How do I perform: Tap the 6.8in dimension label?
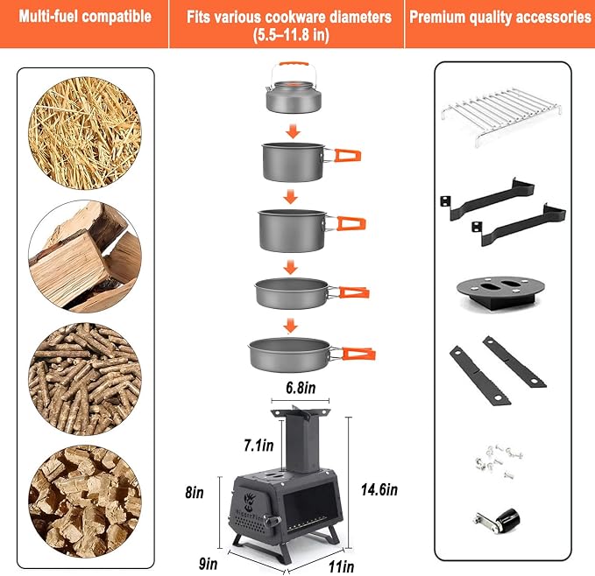tap(301, 388)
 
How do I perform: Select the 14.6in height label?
tap(379, 489)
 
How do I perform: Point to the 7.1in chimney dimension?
tap(259, 446)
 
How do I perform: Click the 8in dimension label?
tap(195, 492)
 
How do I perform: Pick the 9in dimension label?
tap(209, 564)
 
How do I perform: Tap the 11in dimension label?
tap(341, 567)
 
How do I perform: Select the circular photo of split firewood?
tap(85, 256)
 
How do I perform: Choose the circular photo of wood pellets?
tap(85, 379)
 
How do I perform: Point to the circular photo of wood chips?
tap(85, 502)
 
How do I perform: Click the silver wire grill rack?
tap(501, 113)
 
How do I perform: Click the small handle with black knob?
tap(496, 521)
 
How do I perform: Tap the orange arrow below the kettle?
tap(293, 131)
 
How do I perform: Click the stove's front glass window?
tap(310, 504)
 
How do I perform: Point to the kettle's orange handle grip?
tap(294, 65)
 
